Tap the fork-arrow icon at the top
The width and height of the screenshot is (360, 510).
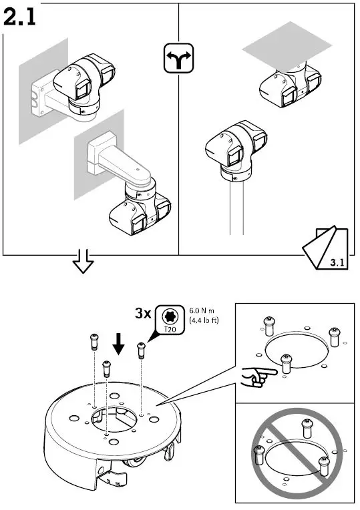[178, 59]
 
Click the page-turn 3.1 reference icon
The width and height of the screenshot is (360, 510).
[327, 250]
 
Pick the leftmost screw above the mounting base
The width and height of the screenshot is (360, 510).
[93, 343]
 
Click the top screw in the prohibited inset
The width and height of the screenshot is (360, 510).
[307, 425]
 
